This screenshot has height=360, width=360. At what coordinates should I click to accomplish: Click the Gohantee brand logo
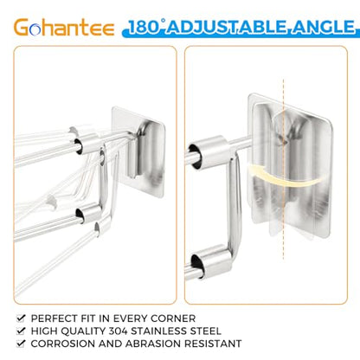point(64,28)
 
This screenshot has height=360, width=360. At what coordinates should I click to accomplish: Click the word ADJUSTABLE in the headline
point(228,27)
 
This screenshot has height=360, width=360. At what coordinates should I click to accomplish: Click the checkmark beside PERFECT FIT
point(21,318)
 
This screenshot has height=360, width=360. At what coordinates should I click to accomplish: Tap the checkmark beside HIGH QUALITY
point(21,331)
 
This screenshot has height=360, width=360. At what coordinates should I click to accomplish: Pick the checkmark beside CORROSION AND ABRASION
point(21,344)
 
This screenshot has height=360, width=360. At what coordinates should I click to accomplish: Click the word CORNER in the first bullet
point(173,318)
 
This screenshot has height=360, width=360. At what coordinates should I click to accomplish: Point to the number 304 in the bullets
point(119,331)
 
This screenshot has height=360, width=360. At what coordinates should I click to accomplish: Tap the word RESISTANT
point(213,344)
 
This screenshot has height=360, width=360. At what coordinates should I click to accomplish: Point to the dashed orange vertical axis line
point(283,169)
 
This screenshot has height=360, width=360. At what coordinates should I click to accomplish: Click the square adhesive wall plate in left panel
point(139,151)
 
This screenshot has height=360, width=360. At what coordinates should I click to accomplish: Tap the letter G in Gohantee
point(22,28)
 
